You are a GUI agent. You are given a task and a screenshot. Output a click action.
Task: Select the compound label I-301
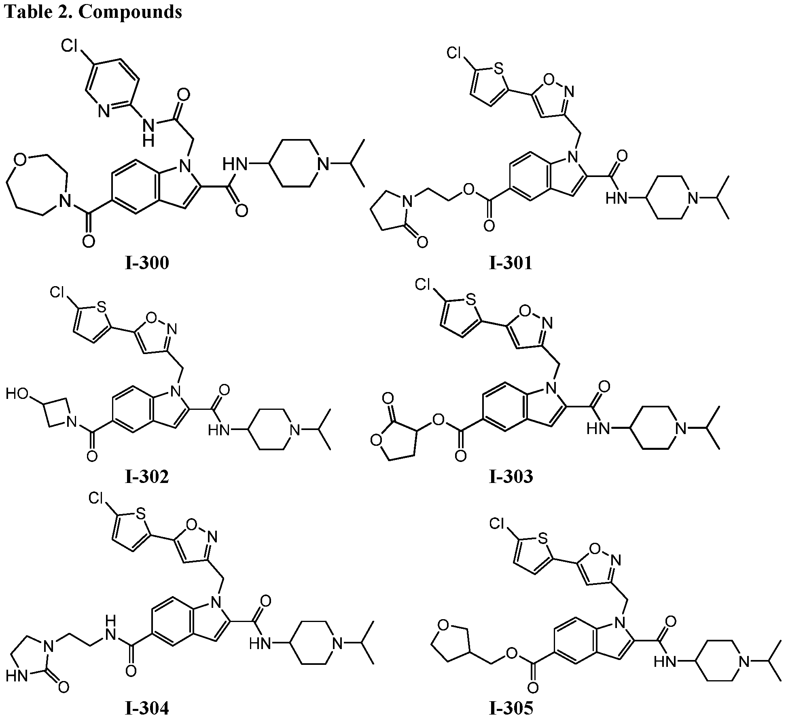click(511, 263)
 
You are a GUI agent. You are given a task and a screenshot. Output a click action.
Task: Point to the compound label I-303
click(511, 477)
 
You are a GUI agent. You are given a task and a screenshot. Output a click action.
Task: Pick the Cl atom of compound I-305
click(498, 524)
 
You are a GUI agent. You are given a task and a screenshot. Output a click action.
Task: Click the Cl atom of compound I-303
click(424, 286)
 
